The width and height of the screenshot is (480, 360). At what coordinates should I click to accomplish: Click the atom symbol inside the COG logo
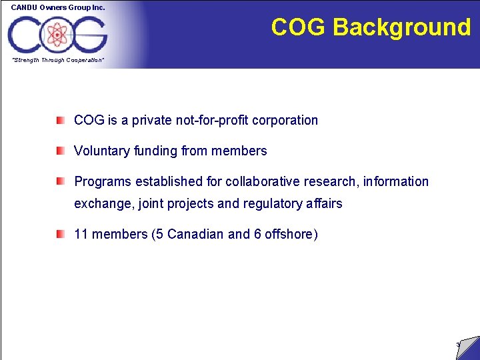[57, 33]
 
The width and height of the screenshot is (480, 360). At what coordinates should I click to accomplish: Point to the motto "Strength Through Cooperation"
[57, 60]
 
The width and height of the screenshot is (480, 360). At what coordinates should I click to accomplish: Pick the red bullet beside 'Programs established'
[61, 181]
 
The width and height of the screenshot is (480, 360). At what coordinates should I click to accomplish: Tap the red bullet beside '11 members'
[61, 234]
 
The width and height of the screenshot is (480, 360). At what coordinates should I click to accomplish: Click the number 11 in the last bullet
[81, 234]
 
